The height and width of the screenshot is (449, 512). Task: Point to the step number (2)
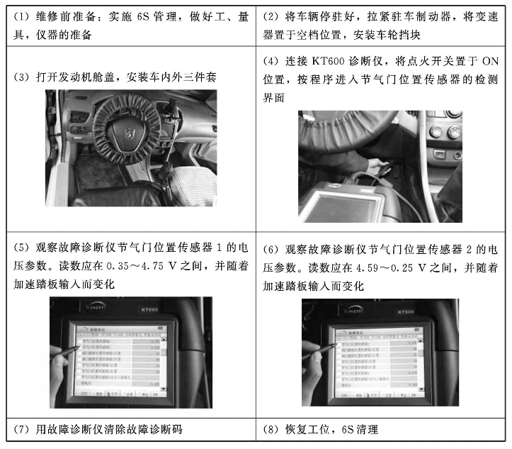[x=272, y=16]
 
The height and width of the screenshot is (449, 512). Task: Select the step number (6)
[x=272, y=249]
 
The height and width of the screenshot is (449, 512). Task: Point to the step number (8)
[x=272, y=430]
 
